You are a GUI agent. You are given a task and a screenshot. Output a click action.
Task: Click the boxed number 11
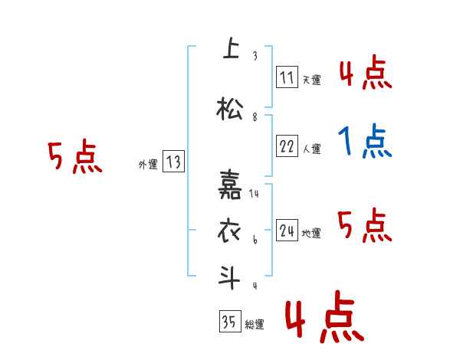pyautogui.click(x=287, y=77)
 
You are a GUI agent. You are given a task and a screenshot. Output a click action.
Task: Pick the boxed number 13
pyautogui.click(x=173, y=162)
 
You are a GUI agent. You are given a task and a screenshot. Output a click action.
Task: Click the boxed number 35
pyautogui.click(x=229, y=322)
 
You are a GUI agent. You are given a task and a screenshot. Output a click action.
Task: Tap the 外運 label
pyautogui.click(x=147, y=164)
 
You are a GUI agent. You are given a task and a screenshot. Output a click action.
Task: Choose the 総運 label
pyautogui.click(x=254, y=325)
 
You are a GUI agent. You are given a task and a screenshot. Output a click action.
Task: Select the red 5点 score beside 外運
pyautogui.click(x=74, y=158)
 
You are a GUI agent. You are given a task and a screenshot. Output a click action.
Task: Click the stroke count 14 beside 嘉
pyautogui.click(x=255, y=194)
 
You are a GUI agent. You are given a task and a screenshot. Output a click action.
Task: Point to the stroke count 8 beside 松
pyautogui.click(x=254, y=118)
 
